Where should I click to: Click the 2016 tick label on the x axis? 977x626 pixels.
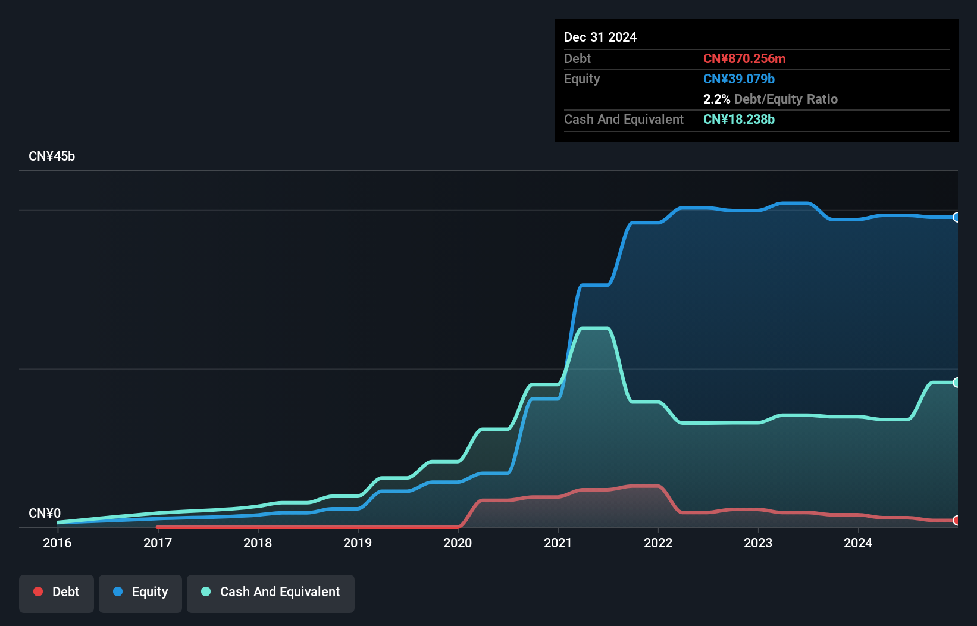point(57,543)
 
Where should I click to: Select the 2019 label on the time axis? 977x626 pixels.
point(358,543)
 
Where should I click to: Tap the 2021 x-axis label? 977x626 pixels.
point(558,543)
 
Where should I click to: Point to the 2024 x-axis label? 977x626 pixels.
point(858,543)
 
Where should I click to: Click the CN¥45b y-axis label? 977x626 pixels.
point(52,156)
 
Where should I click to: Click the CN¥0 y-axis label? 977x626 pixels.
point(45,513)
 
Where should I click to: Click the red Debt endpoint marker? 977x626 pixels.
point(956,521)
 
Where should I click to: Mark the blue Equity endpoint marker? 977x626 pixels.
point(956,217)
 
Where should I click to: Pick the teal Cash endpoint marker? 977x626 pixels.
point(956,383)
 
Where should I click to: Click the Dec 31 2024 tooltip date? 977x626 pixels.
point(600,37)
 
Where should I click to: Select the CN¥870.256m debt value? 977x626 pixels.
point(744,58)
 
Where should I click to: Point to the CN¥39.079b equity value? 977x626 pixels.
point(739,79)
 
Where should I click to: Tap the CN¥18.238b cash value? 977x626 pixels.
point(739,119)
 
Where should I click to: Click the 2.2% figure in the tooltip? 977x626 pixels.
point(716,99)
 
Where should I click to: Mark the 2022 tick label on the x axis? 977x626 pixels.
point(658,543)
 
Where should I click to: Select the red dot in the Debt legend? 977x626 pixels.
point(38,591)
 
